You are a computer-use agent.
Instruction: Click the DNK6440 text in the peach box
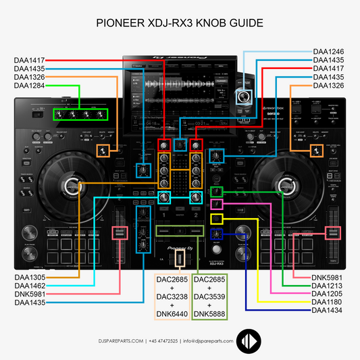170,313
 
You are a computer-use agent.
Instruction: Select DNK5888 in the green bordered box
211,313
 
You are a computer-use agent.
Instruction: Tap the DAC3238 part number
170,296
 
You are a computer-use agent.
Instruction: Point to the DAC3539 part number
211,296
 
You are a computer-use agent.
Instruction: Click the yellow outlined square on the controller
216,219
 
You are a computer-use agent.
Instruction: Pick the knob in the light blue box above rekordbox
242,97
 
